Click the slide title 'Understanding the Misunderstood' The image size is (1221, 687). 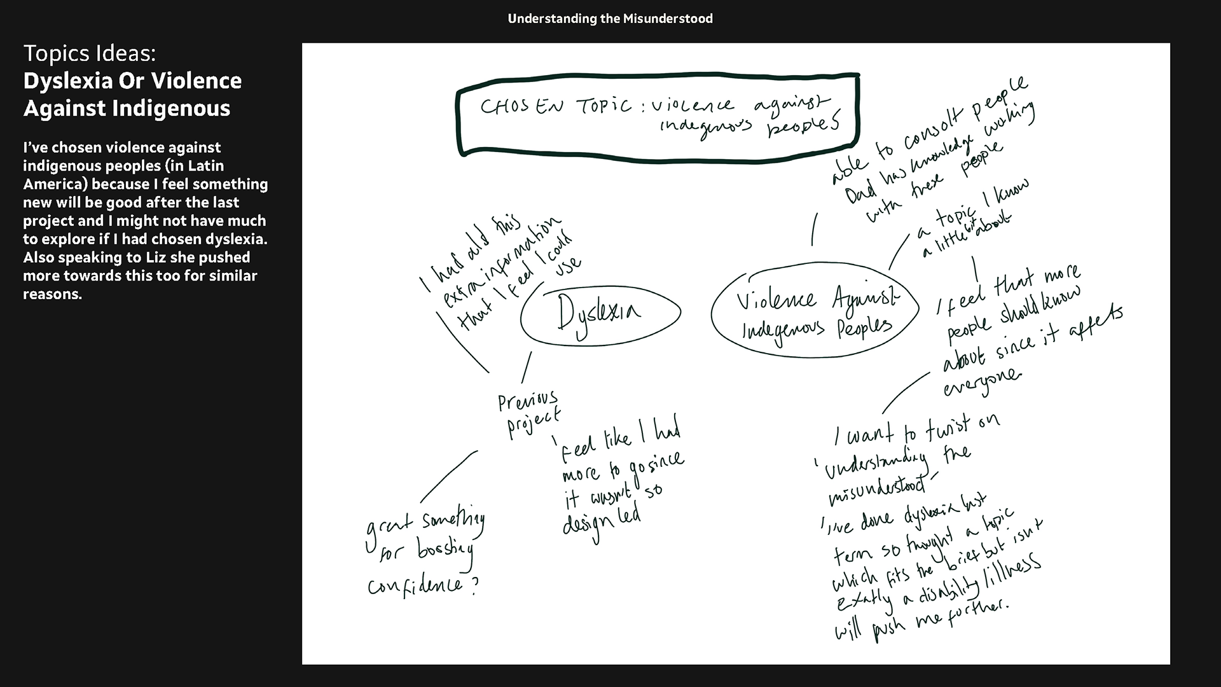click(x=610, y=18)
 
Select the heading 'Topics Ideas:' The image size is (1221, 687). click(x=89, y=53)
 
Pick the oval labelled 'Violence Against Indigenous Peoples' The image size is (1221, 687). click(x=815, y=314)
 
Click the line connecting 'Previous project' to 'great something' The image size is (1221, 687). click(x=448, y=476)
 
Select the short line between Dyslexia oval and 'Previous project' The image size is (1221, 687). click(x=527, y=367)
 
